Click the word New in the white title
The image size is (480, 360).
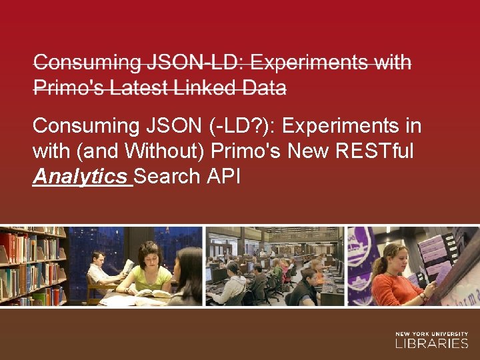point(308,151)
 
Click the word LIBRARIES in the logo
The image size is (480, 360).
point(431,344)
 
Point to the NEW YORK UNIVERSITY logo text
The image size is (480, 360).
point(431,333)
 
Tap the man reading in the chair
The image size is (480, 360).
point(101,270)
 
